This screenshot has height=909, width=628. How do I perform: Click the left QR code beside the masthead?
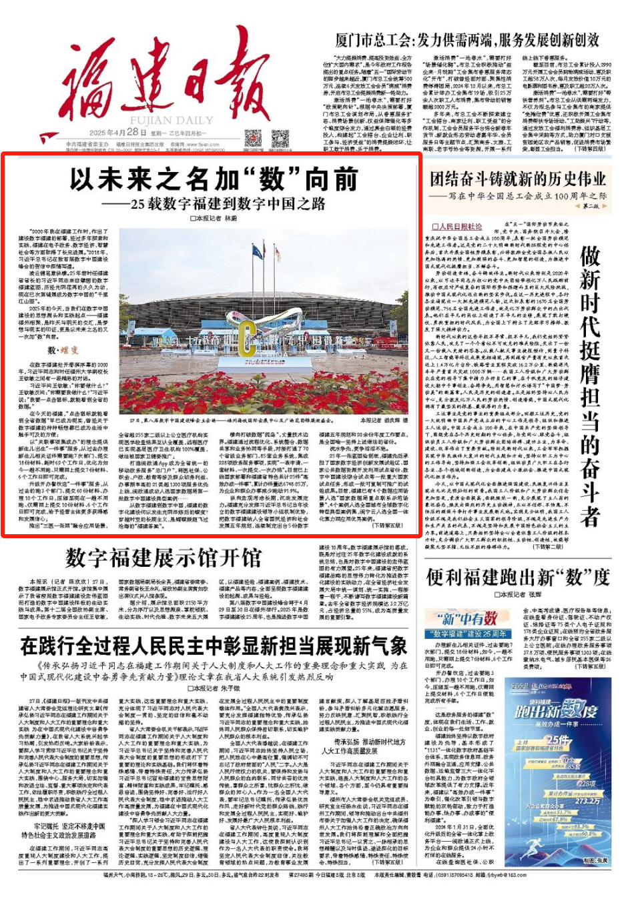pyautogui.click(x=253, y=139)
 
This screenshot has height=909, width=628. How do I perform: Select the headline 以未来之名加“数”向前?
pyautogui.click(x=214, y=179)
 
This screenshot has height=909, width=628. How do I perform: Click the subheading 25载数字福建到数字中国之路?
pyautogui.click(x=218, y=203)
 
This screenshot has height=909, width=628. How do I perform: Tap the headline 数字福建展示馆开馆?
pyautogui.click(x=164, y=558)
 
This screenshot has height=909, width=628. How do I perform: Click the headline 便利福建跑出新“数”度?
pyautogui.click(x=517, y=577)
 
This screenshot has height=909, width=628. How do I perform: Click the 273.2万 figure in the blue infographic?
pyautogui.click(x=587, y=801)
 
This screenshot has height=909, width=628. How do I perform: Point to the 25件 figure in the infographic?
pyautogui.click(x=557, y=740)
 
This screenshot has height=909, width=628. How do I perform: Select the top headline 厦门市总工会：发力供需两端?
pyautogui.click(x=467, y=40)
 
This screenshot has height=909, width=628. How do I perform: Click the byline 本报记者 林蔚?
pyautogui.click(x=214, y=218)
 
